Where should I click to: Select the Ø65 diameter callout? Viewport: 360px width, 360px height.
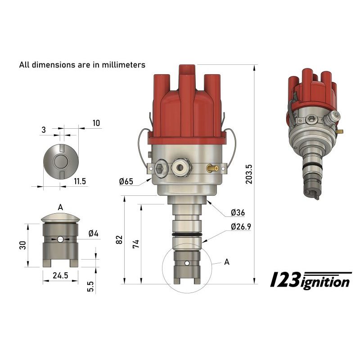click(x=126, y=181)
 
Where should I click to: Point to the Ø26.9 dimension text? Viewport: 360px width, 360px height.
click(x=241, y=227)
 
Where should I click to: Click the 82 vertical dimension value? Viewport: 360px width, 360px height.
click(x=119, y=240)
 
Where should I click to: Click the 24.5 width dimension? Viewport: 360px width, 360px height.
click(x=60, y=276)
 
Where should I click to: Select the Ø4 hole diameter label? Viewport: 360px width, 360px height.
click(x=94, y=233)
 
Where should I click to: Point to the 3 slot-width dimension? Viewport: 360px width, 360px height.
click(x=43, y=130)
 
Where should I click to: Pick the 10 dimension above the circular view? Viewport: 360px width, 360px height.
click(x=96, y=123)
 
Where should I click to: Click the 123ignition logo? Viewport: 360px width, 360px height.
click(x=310, y=280)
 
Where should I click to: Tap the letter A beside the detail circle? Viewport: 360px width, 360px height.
click(x=226, y=262)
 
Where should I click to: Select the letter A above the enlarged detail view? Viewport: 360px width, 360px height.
click(x=60, y=207)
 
